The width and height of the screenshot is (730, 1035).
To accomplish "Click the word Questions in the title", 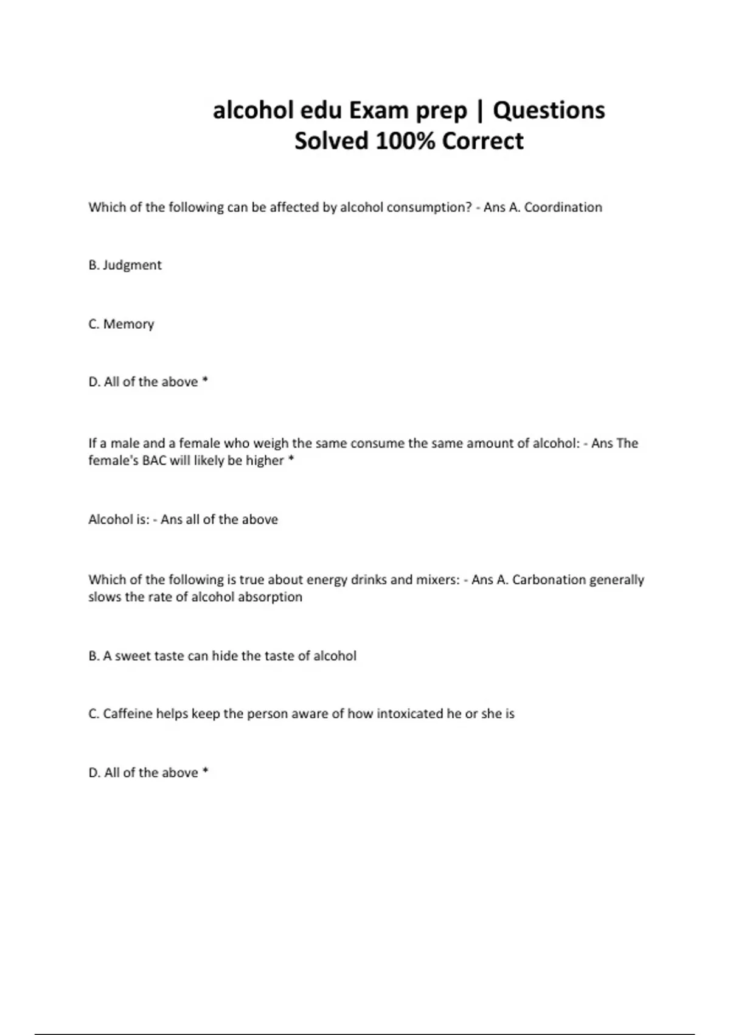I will [549, 111].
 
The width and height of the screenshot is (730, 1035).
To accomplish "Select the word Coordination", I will [563, 207].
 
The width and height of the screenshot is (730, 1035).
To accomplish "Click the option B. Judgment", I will [125, 265].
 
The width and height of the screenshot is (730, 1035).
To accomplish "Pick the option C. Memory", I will [121, 324].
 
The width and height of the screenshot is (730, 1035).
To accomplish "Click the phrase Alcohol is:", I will [119, 519].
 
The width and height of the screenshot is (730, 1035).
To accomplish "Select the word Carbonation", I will [549, 580].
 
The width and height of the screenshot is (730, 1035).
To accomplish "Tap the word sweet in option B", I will [131, 656].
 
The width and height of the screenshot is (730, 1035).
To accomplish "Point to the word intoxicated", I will [409, 714].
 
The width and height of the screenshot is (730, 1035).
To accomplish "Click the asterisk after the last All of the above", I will [205, 771].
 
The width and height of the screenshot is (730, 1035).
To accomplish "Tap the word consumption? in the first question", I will [429, 207].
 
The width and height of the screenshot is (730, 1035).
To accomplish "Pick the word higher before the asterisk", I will [265, 460].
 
